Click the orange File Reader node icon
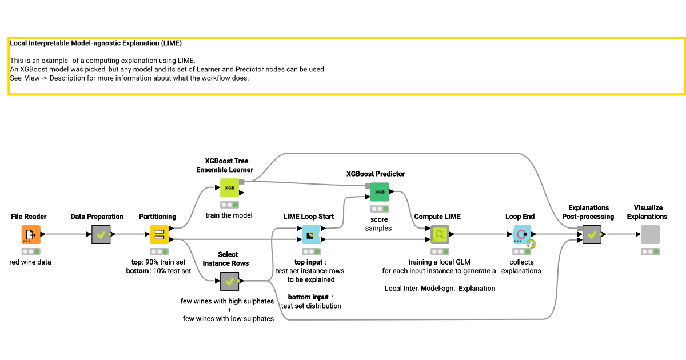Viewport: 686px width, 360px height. click(31, 234)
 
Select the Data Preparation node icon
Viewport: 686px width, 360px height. click(101, 234)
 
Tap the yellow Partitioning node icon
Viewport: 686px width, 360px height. click(159, 234)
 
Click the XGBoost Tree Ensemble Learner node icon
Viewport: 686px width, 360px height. click(229, 187)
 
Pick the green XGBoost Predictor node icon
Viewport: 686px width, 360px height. click(380, 191)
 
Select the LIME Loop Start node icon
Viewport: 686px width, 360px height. click(311, 234)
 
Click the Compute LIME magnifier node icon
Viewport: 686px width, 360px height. click(440, 234)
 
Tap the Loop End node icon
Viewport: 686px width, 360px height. click(522, 234)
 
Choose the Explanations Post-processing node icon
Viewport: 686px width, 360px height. click(592, 234)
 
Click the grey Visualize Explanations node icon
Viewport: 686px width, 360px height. click(650, 234)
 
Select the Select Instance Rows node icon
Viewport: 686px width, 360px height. click(229, 281)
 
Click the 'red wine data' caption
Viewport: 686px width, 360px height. click(31, 262)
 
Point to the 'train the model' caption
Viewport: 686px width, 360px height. click(229, 215)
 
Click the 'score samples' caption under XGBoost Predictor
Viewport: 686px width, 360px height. click(378, 224)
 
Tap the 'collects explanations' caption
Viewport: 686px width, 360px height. click(521, 266)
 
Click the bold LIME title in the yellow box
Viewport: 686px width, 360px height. click(96, 43)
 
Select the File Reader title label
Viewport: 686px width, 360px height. click(29, 217)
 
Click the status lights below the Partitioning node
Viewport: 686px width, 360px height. click(159, 251)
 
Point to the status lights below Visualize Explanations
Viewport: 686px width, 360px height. click(650, 251)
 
